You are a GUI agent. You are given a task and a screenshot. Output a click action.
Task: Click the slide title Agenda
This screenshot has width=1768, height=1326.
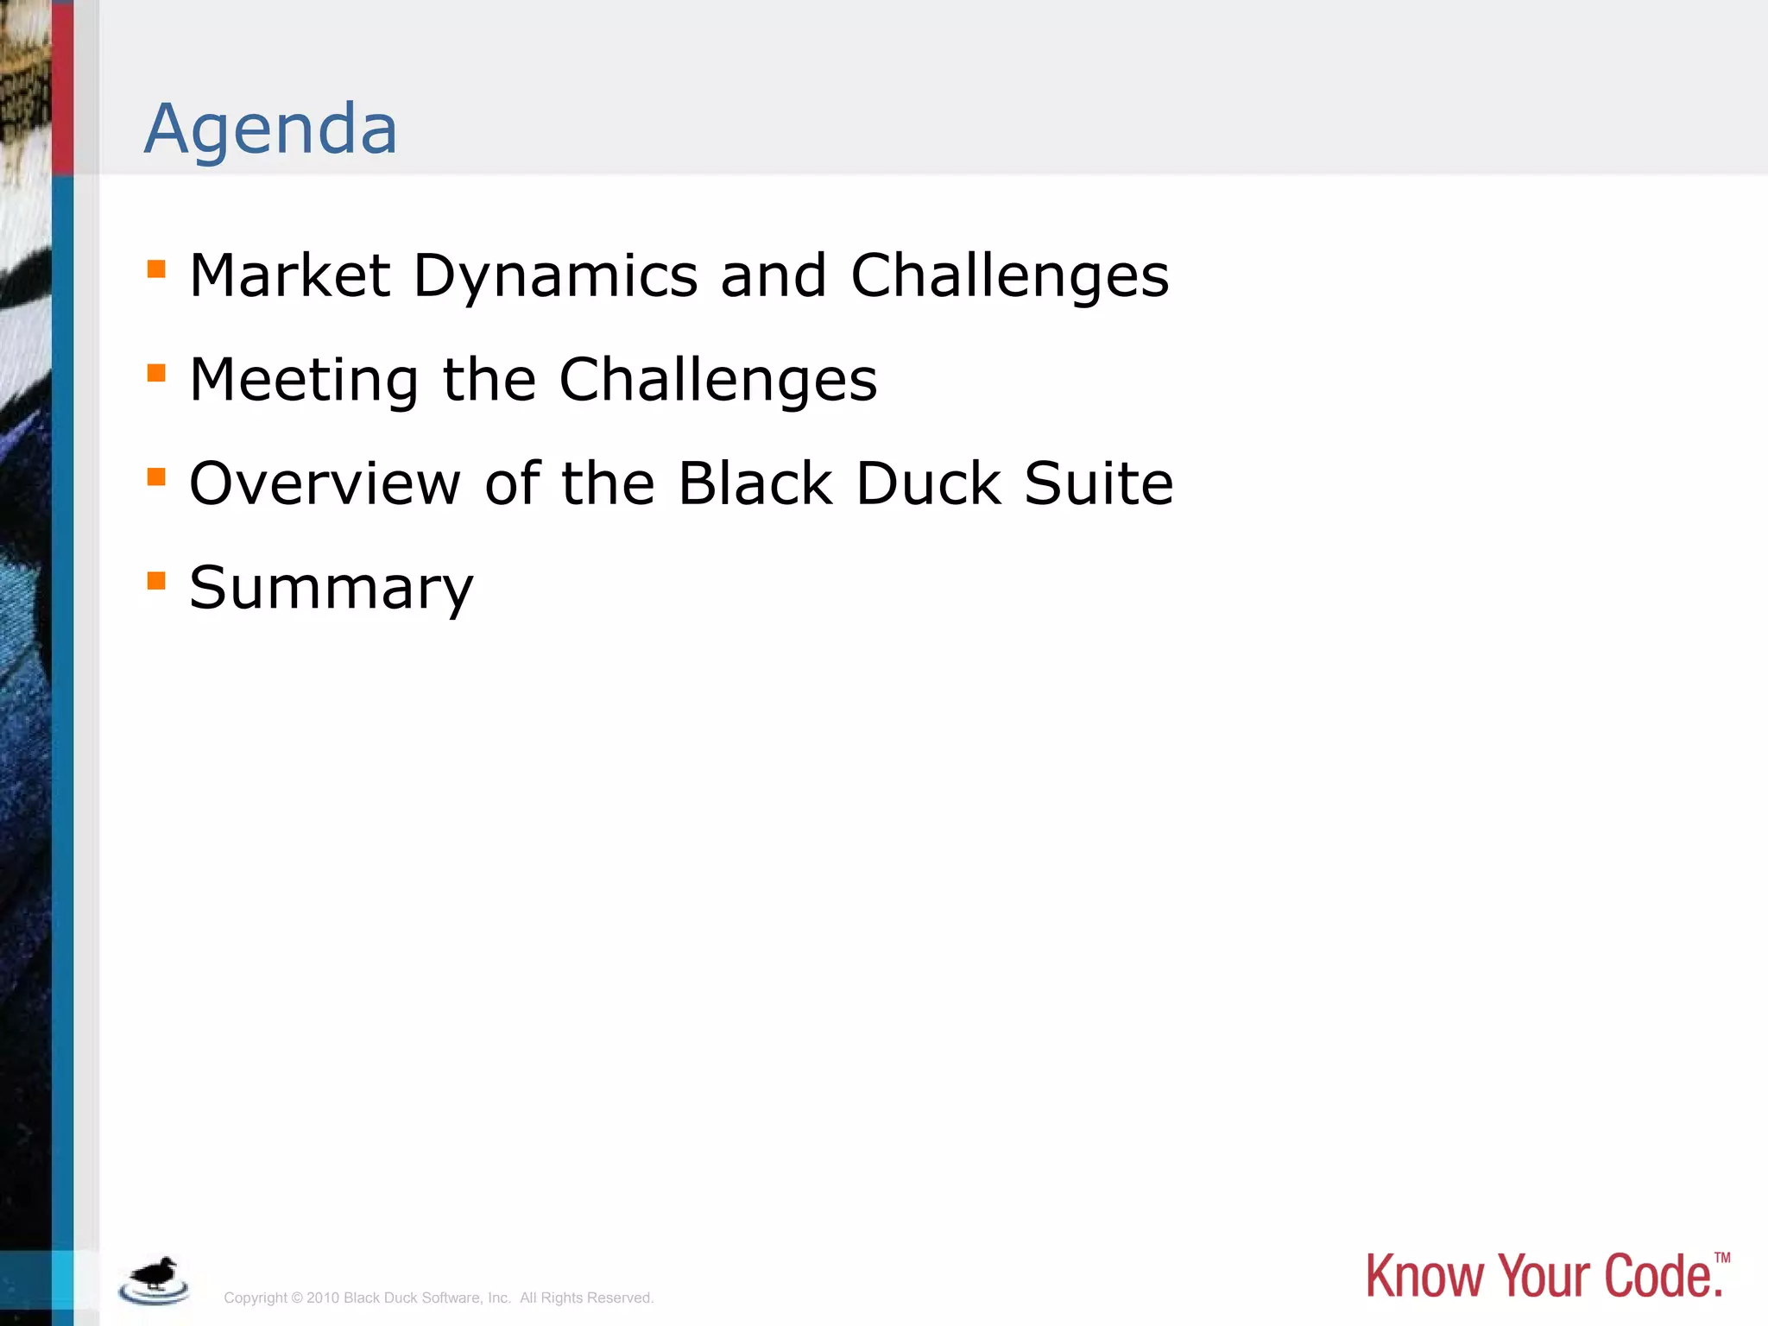point(271,129)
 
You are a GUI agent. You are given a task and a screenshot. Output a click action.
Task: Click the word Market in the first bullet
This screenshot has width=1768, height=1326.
point(290,276)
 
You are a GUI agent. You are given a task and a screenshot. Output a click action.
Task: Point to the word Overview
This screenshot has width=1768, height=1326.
point(325,483)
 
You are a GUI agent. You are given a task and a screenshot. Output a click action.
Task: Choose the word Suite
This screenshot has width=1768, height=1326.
point(1098,483)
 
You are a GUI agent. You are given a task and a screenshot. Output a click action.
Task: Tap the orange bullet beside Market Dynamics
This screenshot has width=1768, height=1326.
point(156,269)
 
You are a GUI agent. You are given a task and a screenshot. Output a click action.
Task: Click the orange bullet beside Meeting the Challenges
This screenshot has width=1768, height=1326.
point(156,373)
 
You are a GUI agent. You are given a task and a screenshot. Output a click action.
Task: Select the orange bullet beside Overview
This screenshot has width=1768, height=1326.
point(156,477)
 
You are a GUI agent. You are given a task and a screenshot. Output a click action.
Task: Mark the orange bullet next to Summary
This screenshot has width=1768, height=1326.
point(156,581)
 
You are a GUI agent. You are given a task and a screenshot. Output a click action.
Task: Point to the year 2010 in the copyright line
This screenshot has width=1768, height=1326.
point(323,1298)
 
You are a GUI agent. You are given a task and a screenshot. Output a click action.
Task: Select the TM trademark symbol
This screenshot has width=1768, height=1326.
point(1722,1258)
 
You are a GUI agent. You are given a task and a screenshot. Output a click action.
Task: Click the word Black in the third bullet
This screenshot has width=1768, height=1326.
point(755,483)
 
